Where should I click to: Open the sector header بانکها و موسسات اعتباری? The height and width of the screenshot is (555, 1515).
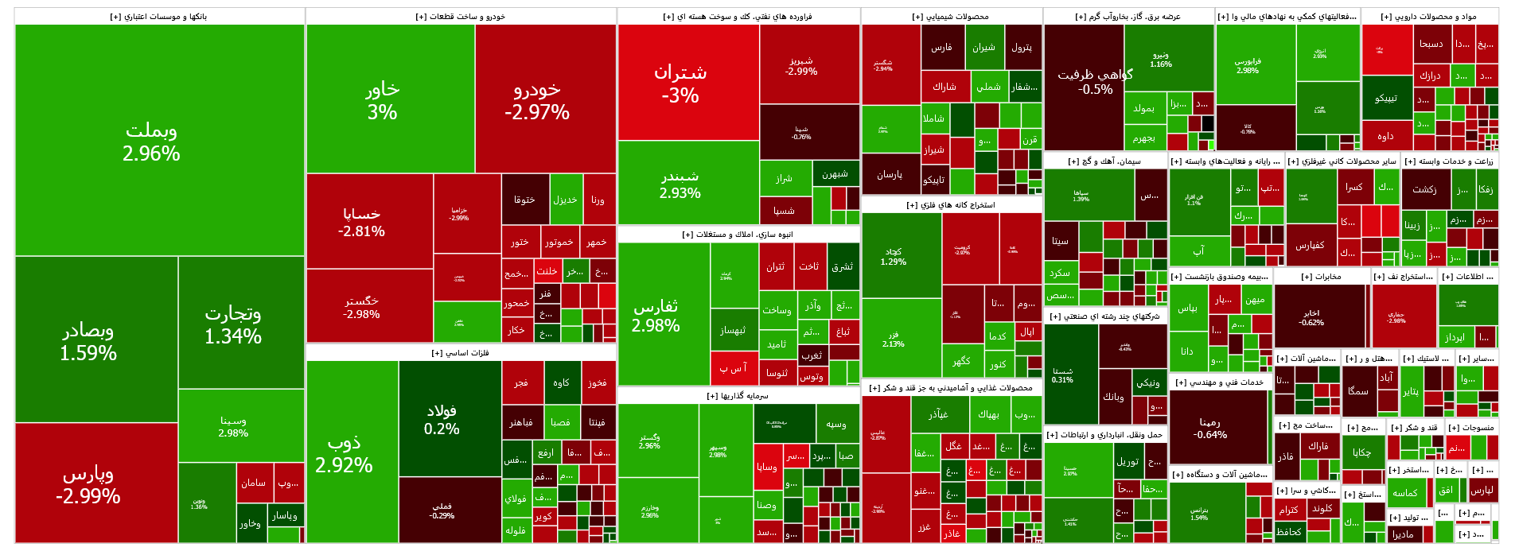159,17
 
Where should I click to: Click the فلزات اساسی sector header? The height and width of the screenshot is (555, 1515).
461,353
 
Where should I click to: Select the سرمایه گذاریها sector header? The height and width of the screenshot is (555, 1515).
738,396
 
